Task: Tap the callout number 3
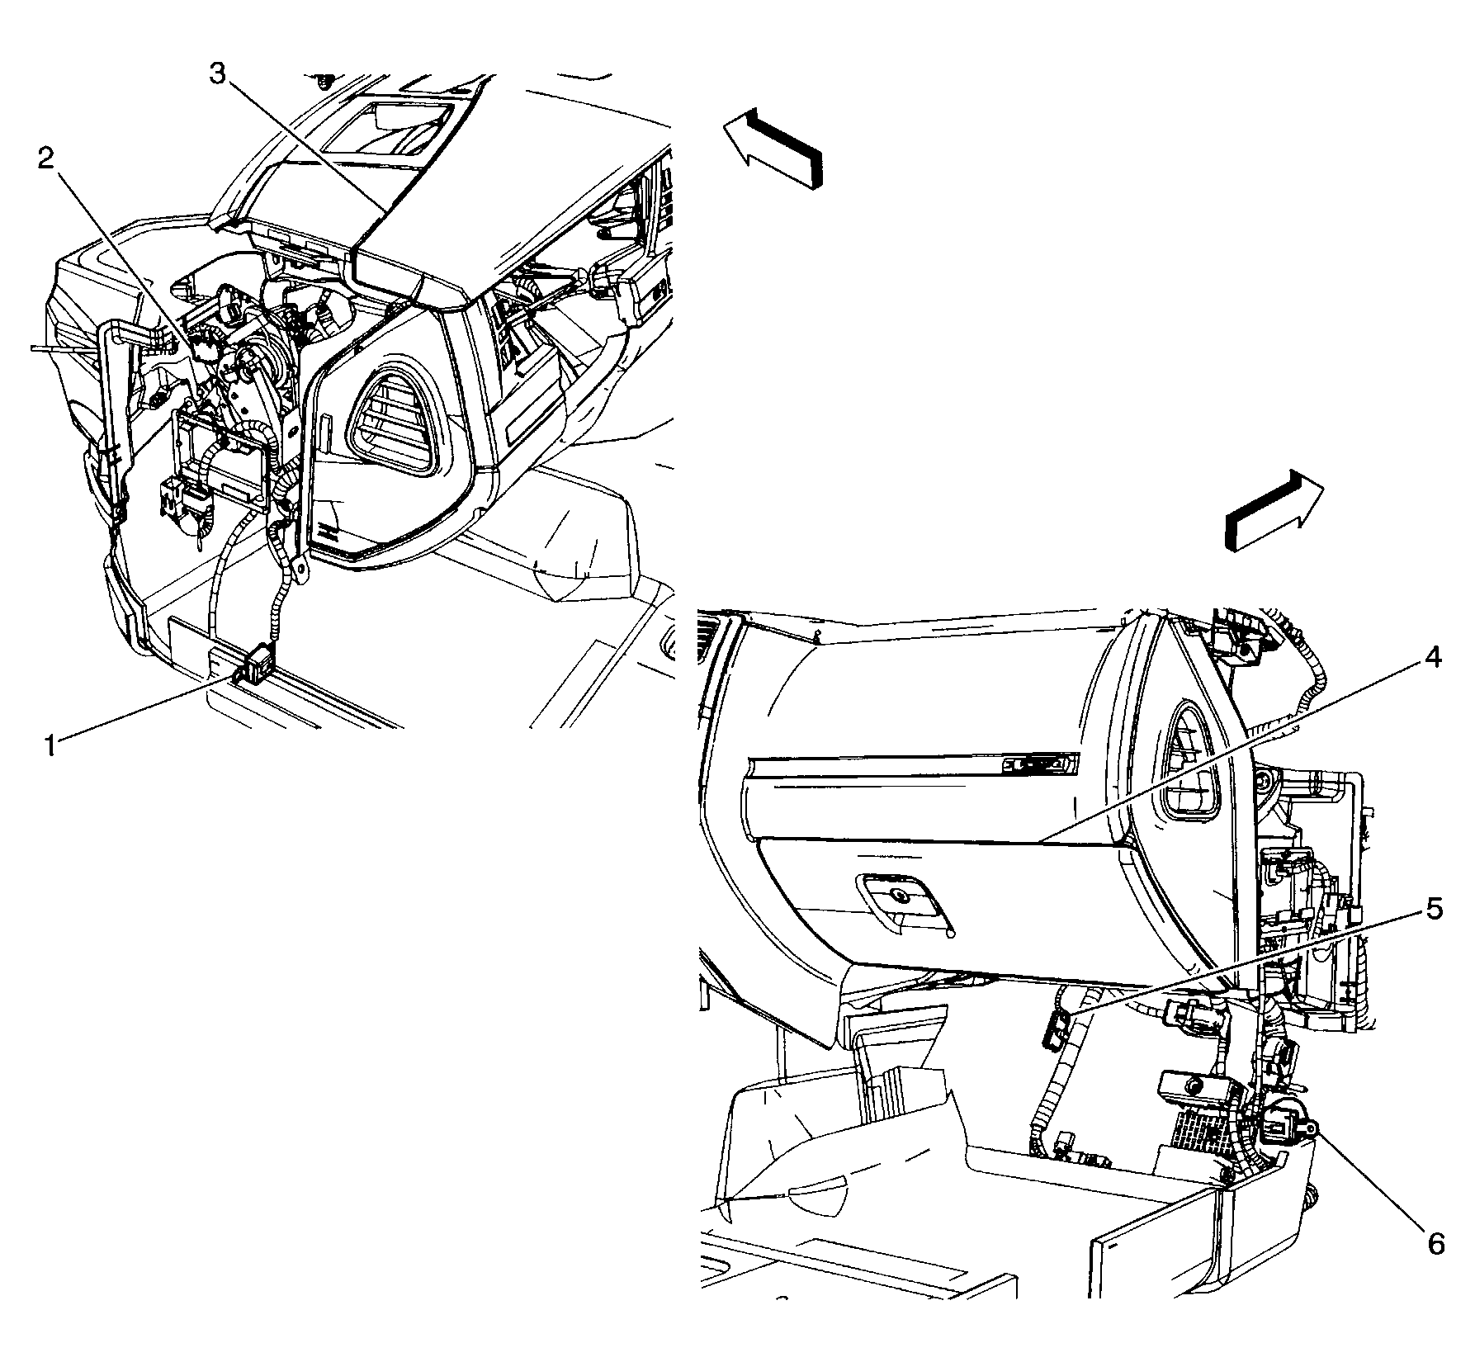[216, 75]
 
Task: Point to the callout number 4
[1432, 659]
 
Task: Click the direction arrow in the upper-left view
[773, 148]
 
